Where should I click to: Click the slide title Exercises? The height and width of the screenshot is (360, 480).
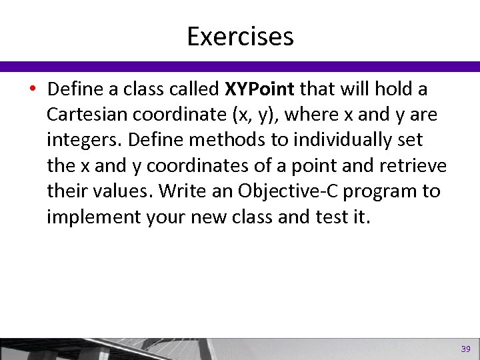(x=240, y=36)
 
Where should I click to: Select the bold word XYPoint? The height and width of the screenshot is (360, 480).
(x=263, y=89)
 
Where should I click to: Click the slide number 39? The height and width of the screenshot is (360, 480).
(x=465, y=349)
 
